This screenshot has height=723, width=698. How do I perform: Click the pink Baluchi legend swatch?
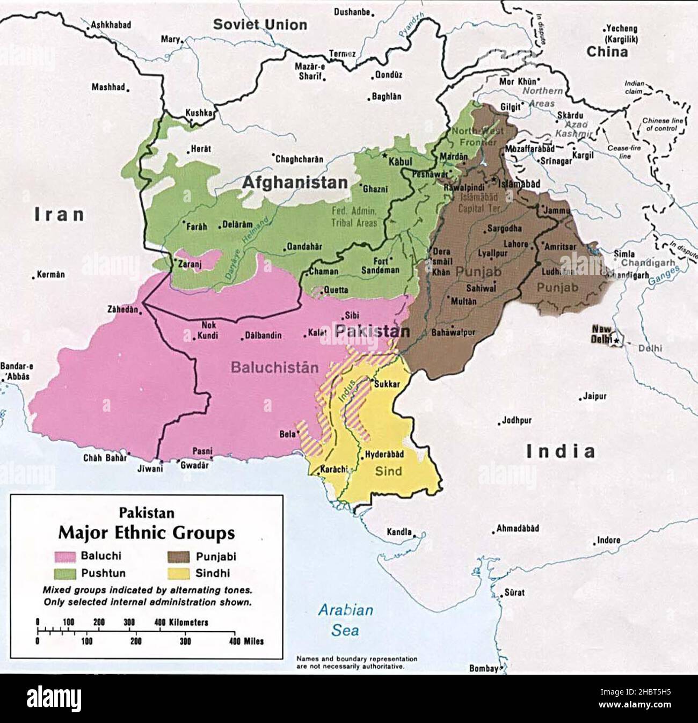pos(64,556)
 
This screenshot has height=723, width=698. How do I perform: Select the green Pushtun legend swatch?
pos(64,573)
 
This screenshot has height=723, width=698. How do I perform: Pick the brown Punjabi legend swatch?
pos(177,556)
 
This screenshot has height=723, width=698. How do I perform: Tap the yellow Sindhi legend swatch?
pos(177,573)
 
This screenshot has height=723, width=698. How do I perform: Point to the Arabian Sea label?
pos(345,619)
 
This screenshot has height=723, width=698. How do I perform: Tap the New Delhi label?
pos(601,334)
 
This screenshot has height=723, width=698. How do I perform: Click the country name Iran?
pos(60,215)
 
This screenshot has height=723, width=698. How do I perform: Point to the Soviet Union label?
pos(260,24)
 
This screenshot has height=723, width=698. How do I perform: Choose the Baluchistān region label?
pos(274,368)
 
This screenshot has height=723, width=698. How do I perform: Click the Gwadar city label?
pos(194,465)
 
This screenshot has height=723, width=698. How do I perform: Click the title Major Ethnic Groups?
pos(146,533)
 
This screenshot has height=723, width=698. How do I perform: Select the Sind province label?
pos(388,471)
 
